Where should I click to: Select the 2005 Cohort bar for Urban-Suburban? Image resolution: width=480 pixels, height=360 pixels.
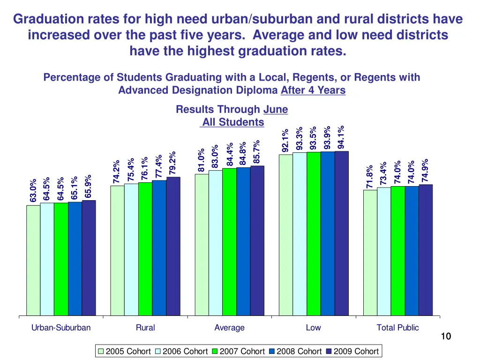[33, 260]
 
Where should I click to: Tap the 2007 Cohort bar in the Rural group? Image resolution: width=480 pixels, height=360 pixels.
[145, 249]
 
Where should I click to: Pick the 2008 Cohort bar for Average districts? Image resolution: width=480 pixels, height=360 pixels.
[243, 241]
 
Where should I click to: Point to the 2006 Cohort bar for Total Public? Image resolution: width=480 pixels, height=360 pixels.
[384, 251]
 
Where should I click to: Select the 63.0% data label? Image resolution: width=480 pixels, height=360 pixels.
[33, 191]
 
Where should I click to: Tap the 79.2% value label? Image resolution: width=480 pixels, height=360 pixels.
[172, 162]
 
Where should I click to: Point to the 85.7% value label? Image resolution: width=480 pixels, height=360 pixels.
[256, 151]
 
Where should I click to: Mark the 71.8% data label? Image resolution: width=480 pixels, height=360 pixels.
[370, 176]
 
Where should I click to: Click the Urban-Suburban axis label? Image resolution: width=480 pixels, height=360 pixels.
[61, 328]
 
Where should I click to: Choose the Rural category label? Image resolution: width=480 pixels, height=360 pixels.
[145, 328]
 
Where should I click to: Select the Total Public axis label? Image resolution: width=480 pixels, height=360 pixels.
[397, 328]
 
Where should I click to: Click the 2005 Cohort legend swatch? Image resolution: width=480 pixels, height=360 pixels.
[101, 351]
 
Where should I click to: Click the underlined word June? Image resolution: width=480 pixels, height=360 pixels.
[276, 110]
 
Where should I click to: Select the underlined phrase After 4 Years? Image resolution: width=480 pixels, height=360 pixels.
[313, 90]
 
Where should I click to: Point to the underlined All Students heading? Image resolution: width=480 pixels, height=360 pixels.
[233, 122]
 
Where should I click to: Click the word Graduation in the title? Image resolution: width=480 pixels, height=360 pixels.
[49, 19]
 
